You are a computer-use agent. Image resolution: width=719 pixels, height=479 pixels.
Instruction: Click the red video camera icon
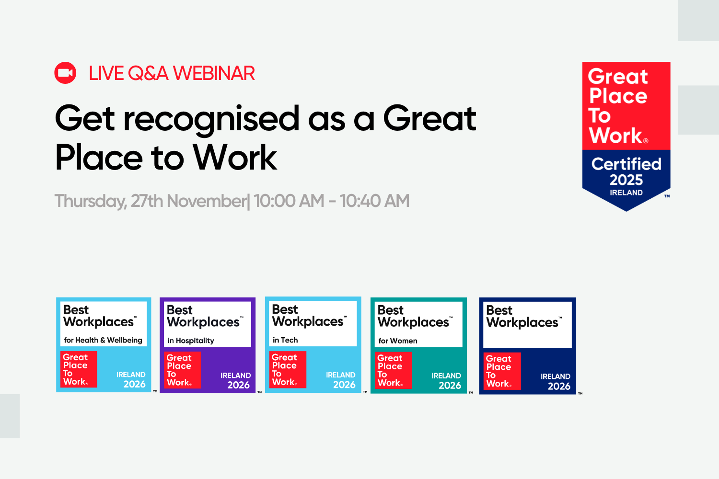click(65, 73)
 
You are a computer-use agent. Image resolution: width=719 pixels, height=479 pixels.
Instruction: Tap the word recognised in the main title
click(211, 119)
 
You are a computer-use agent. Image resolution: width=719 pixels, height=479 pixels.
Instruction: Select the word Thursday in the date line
click(90, 201)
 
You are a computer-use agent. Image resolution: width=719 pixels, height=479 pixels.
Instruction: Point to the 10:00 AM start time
click(289, 201)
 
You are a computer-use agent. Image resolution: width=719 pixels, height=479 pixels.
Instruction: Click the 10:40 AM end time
click(374, 201)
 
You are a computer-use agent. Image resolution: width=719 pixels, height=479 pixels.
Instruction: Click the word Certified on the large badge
click(626, 164)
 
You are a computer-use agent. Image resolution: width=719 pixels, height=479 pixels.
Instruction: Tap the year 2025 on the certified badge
click(626, 180)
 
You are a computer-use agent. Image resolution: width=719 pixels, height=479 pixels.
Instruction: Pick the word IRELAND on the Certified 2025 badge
click(626, 193)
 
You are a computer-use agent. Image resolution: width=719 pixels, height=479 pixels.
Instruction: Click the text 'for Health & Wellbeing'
click(103, 340)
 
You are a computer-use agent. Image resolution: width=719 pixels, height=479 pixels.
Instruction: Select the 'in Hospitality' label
click(191, 341)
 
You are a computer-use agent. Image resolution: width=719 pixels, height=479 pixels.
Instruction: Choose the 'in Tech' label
click(285, 340)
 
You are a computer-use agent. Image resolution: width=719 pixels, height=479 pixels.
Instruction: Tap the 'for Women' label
click(398, 341)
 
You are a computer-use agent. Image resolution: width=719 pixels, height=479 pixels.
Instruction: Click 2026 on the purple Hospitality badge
click(238, 385)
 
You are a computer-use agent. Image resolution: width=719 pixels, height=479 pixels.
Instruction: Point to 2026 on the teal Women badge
click(450, 386)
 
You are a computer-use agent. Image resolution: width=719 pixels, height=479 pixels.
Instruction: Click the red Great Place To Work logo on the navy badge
click(501, 371)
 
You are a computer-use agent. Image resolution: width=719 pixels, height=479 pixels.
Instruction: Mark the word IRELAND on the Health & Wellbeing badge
click(131, 375)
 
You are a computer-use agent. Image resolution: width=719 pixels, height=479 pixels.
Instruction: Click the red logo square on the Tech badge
click(287, 370)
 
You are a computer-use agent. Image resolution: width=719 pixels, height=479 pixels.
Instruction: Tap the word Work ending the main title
click(234, 158)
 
